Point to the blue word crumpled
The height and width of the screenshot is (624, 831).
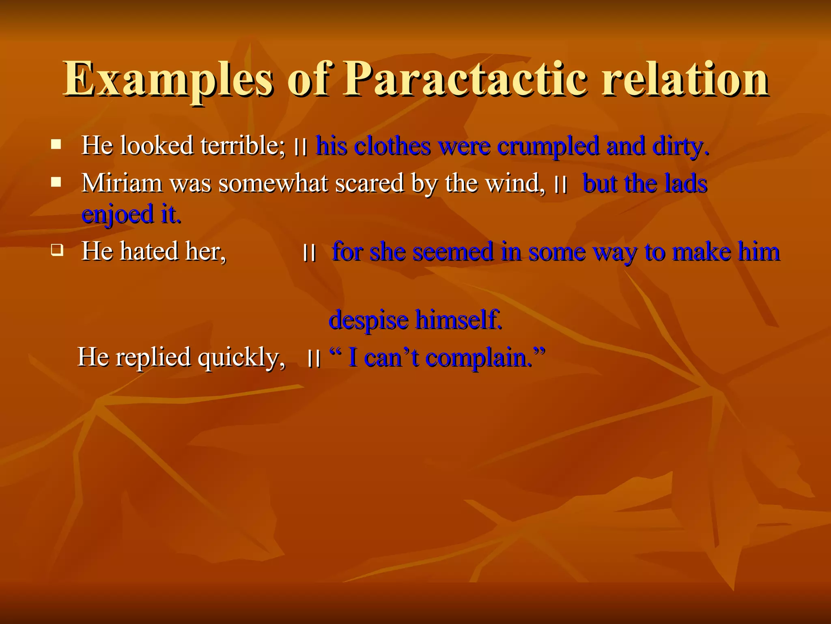[547, 146]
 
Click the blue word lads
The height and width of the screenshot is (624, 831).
[686, 183]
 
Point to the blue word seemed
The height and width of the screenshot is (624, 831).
[452, 251]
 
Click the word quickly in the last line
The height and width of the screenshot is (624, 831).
[241, 357]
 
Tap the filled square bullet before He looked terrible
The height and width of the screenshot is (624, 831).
[56, 144]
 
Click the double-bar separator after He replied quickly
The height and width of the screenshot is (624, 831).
[314, 359]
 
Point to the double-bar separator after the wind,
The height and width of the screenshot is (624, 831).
[561, 185]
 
